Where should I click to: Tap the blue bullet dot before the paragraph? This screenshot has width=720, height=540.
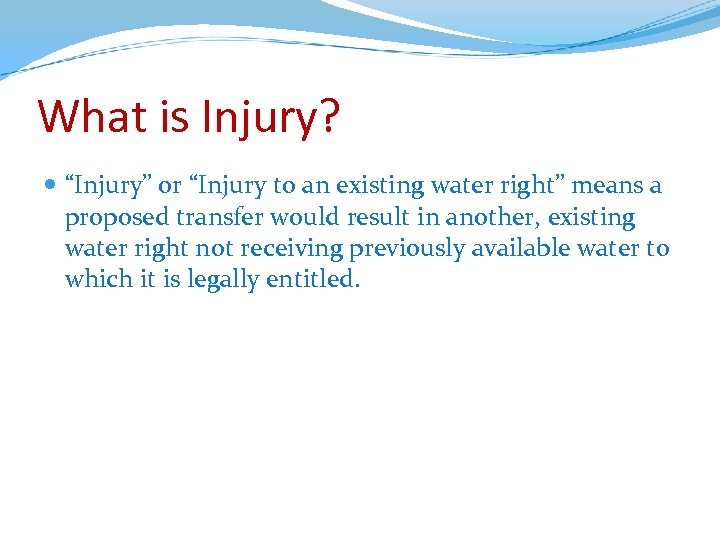point(51,186)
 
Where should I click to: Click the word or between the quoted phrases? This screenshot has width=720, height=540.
point(170,187)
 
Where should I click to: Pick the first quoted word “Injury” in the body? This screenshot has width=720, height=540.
point(109,187)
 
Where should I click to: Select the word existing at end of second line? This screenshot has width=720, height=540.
point(594,217)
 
